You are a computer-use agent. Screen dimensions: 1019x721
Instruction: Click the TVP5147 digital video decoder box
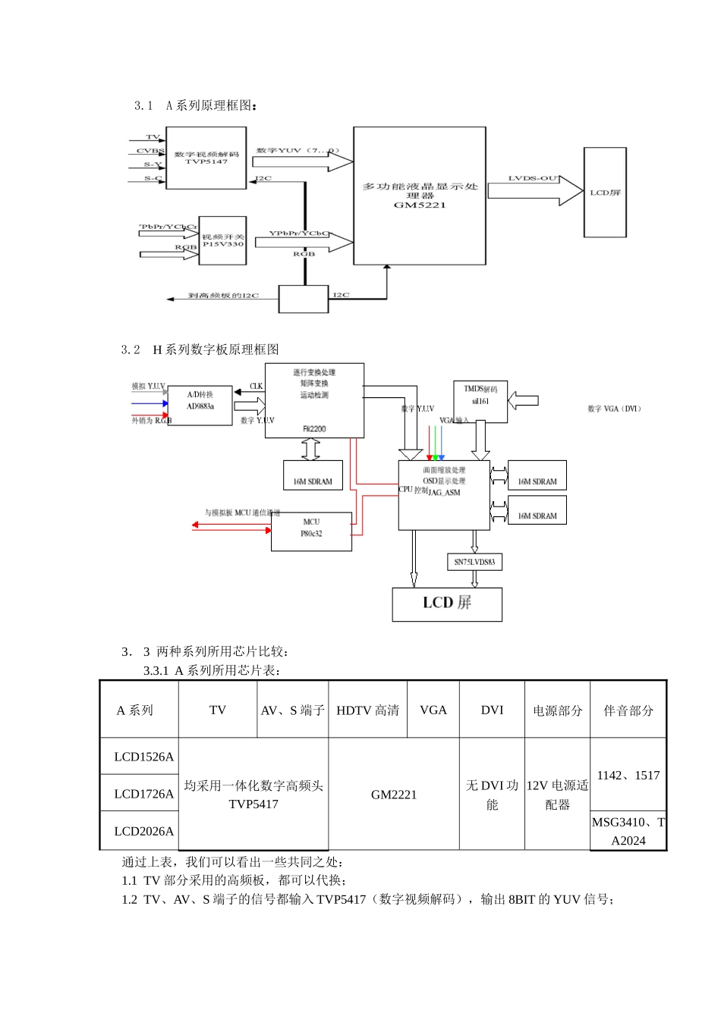206,158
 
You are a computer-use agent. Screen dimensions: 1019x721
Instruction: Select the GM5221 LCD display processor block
419,196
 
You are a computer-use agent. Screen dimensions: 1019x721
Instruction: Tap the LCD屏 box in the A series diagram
605,193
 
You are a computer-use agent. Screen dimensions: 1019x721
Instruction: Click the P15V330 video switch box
222,241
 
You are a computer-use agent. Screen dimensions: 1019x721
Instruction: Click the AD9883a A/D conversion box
200,405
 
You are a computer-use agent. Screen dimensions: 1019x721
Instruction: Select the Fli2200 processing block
314,400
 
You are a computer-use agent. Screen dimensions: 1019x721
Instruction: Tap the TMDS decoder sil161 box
480,401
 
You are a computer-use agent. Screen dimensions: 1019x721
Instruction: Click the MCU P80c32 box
311,531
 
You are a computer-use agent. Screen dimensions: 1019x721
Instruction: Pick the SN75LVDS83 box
474,562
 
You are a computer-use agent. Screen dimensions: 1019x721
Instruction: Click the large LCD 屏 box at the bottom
447,604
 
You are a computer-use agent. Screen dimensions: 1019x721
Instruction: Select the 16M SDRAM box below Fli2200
313,475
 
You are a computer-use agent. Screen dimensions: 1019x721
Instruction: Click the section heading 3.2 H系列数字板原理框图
200,350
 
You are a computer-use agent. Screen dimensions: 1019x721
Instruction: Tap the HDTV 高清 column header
367,710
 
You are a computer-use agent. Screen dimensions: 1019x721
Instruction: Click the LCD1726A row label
143,794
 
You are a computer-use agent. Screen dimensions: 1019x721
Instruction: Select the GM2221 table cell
394,795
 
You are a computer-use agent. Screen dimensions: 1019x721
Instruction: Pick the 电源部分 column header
557,710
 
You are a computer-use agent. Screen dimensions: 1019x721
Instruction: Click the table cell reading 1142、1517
628,775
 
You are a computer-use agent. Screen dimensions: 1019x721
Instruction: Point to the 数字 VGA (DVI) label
614,409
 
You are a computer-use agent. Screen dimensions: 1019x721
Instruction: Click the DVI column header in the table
492,710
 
